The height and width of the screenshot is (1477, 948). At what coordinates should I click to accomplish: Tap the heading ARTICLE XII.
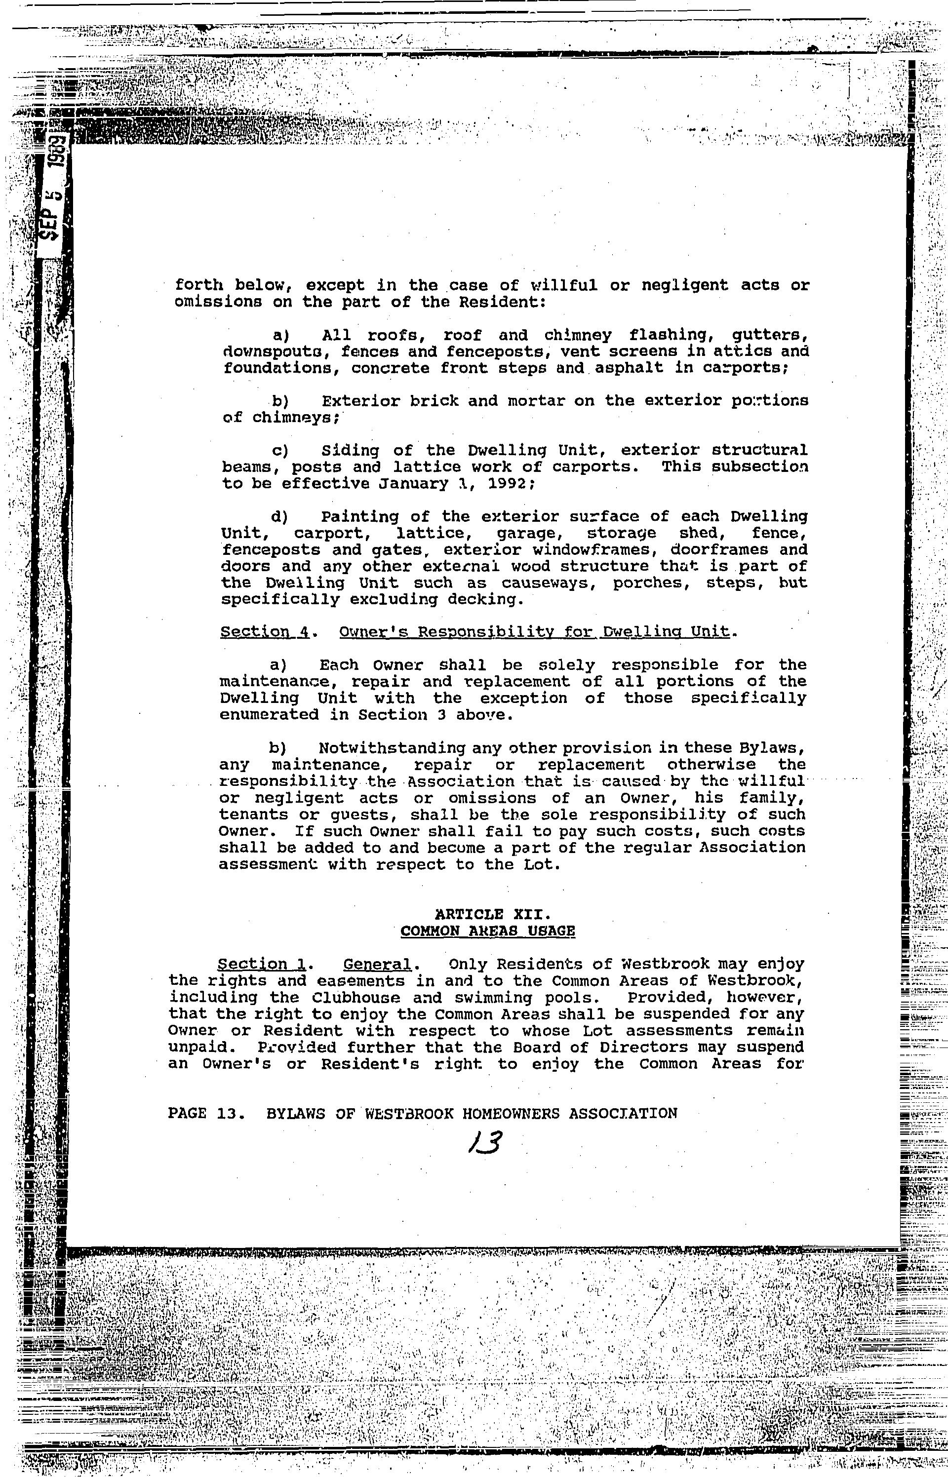(487, 915)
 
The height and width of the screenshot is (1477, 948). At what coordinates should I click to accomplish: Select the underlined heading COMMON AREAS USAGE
(487, 931)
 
